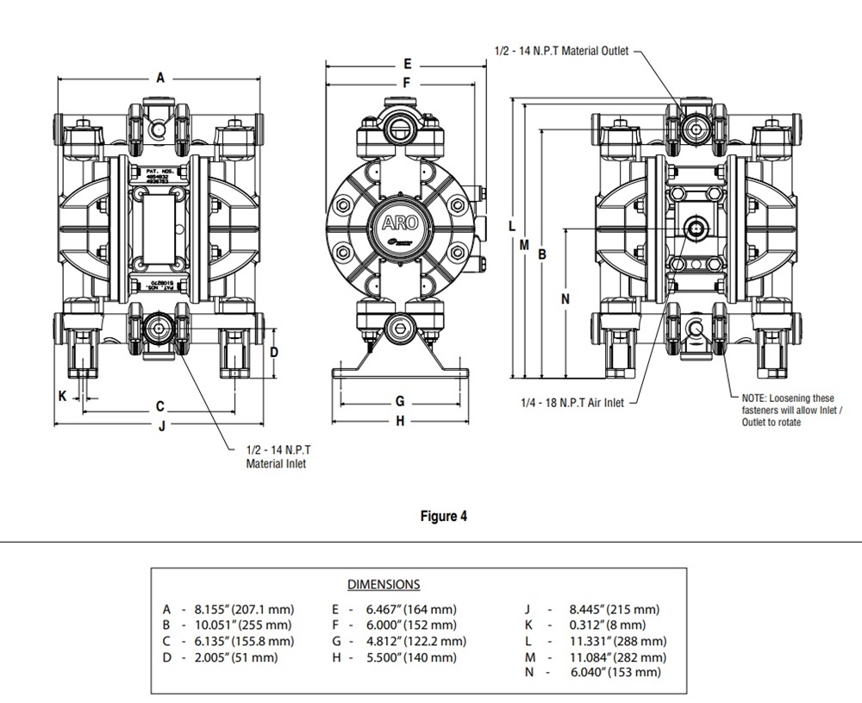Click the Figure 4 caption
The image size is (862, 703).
click(x=444, y=517)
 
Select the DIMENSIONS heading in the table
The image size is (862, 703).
click(x=384, y=585)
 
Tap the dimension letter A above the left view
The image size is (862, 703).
click(x=160, y=78)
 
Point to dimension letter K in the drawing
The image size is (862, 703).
click(x=62, y=396)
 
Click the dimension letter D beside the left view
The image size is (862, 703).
click(x=274, y=352)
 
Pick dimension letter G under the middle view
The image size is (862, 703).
click(x=400, y=402)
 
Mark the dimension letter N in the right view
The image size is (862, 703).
click(x=565, y=299)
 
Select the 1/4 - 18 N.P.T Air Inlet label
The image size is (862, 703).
click(x=572, y=402)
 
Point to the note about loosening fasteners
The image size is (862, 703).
click(x=788, y=410)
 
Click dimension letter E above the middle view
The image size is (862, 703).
click(x=407, y=65)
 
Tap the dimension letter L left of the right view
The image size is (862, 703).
click(x=512, y=226)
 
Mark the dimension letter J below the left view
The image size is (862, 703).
click(x=161, y=425)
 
